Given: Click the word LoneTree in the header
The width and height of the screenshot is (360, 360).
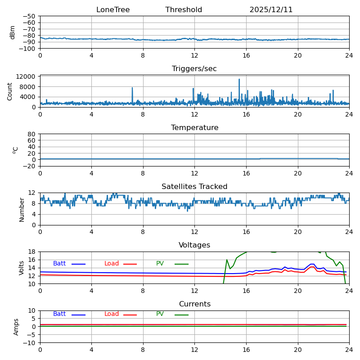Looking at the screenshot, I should pos(113,10).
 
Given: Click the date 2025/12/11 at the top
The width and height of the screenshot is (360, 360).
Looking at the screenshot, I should pos(271,10).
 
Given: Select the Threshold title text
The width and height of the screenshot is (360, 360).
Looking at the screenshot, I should pos(184,10).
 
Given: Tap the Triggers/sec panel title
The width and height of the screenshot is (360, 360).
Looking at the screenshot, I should pos(194,69).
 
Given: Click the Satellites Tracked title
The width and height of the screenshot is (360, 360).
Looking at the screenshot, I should pos(194,187).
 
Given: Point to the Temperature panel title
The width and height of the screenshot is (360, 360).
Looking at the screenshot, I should pos(194,128).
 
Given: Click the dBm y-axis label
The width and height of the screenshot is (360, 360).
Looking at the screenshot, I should pos(13,32).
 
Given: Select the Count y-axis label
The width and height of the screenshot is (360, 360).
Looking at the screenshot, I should pos(10,91).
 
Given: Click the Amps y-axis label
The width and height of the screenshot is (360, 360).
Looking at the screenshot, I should pos(16,327).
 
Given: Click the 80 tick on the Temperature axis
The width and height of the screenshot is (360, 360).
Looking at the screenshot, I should pos(31,134).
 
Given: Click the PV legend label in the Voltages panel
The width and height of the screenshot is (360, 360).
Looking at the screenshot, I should pos(160,264).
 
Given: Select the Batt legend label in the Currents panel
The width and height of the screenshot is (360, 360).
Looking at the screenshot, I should pos(59,314).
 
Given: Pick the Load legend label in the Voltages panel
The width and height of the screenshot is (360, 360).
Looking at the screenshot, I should pos(112,264).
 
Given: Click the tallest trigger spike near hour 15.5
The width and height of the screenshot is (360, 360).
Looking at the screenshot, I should pos(239,80).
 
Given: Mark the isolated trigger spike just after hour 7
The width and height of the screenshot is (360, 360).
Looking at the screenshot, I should pos(132,88).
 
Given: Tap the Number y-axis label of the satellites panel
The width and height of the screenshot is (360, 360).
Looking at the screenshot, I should pos(22,209).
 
